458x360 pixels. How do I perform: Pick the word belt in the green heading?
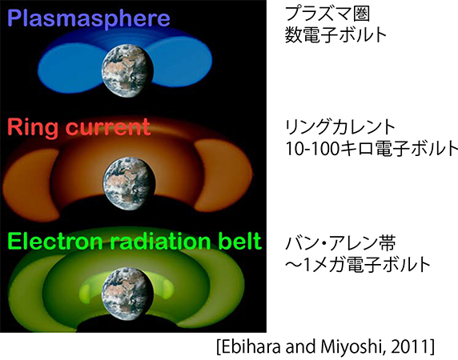[238, 240]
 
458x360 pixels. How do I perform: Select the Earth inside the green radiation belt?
[129, 287]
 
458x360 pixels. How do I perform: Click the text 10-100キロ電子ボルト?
[360, 149]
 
